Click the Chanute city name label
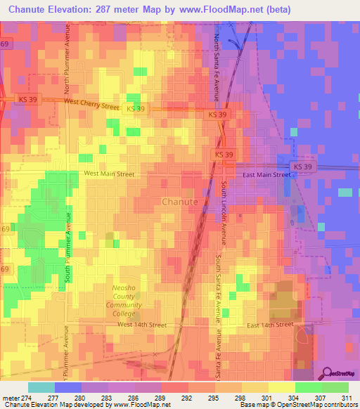click(179, 202)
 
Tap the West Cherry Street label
click(91, 103)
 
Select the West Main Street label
click(108, 173)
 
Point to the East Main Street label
click(266, 174)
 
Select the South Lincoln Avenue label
click(224, 215)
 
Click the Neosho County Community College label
click(124, 301)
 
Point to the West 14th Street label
click(142, 325)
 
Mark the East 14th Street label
click(270, 325)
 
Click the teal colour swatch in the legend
click(41, 387)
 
